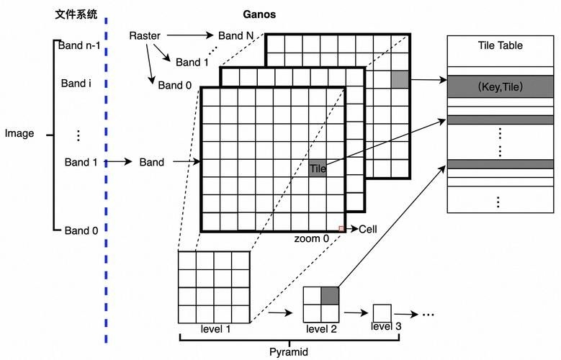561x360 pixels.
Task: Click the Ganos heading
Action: (x=259, y=14)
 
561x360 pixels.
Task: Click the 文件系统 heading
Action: (x=76, y=14)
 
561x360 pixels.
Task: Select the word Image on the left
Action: (x=19, y=133)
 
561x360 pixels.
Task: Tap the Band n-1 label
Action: (x=80, y=46)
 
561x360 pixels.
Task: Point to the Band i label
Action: (x=76, y=84)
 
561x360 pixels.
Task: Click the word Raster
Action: (x=145, y=35)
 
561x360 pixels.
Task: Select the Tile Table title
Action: (x=500, y=45)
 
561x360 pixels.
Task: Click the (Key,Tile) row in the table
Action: (x=500, y=87)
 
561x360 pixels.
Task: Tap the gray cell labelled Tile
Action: (x=318, y=169)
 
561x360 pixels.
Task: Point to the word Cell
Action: (x=368, y=230)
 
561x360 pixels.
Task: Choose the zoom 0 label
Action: (x=311, y=238)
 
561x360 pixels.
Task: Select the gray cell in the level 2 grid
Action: (x=330, y=295)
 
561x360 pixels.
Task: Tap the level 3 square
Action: (x=382, y=313)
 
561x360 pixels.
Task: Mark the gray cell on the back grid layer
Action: (x=400, y=79)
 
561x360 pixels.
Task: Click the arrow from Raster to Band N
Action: (x=188, y=35)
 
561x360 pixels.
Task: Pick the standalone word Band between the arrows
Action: (x=152, y=163)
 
